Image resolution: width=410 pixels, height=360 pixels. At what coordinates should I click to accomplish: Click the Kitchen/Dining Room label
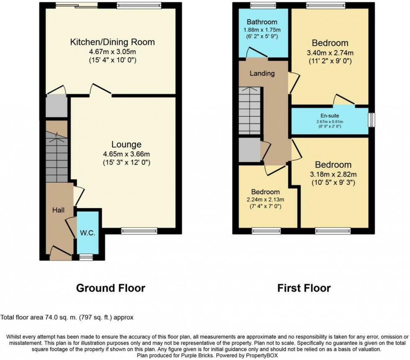click(112, 42)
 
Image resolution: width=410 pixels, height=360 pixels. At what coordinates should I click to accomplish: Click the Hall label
click(58, 209)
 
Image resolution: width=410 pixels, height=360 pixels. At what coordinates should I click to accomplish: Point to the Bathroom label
click(262, 22)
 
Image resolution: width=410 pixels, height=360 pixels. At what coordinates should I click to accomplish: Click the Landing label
click(262, 74)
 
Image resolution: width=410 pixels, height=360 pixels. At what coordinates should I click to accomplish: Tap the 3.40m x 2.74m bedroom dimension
click(329, 53)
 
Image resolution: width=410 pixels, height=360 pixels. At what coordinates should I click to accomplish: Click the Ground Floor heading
click(110, 288)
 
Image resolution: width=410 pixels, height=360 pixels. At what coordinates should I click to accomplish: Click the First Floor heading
click(304, 288)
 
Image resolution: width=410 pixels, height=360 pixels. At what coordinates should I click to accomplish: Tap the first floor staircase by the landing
click(250, 111)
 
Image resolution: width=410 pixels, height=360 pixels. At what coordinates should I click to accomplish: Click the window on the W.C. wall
click(86, 257)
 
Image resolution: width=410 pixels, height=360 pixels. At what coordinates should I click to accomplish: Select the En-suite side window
click(371, 119)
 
